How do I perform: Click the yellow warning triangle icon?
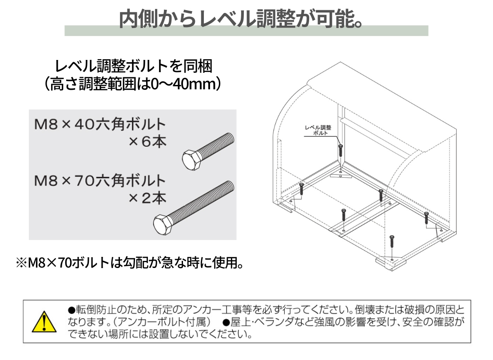44,322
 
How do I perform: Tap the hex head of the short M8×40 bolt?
191,160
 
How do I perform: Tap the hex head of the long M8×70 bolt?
163,225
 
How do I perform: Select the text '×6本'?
147,142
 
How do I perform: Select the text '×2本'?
147,198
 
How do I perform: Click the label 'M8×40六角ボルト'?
100,124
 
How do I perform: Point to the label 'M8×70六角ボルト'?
100,180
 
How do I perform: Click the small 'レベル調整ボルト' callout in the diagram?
318,130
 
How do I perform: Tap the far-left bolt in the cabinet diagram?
302,189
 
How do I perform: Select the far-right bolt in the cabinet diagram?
426,218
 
